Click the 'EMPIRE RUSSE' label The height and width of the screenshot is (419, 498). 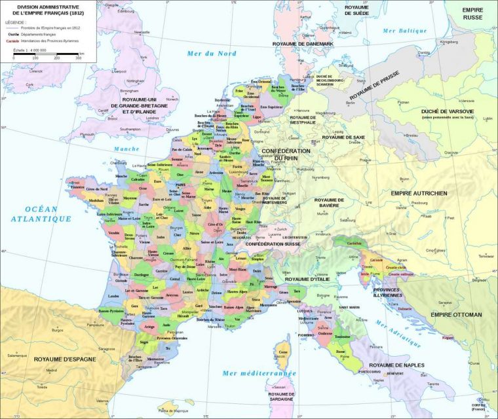[472, 14]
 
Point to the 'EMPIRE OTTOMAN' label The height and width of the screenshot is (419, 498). [456, 315]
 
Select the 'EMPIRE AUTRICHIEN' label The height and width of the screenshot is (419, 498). [419, 193]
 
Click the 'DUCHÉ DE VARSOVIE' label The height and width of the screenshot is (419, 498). [448, 113]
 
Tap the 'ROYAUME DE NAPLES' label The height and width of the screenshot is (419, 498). [396, 365]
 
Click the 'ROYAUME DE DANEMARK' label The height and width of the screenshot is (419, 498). [304, 43]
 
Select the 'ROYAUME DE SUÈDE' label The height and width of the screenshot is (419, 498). [357, 10]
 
